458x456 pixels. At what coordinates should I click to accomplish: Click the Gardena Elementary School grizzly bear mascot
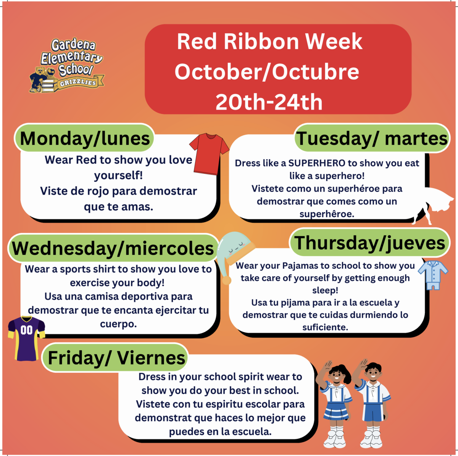point(39,80)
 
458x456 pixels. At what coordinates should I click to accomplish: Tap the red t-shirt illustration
point(209,154)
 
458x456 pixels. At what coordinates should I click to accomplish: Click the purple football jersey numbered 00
point(26,338)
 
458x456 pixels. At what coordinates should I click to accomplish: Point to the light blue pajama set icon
point(433,275)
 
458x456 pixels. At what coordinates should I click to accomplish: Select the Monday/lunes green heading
point(84,138)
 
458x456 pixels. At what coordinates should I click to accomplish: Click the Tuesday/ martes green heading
point(372,138)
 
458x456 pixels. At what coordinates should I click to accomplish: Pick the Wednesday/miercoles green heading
point(113,248)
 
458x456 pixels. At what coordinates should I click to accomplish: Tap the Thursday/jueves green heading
point(369,243)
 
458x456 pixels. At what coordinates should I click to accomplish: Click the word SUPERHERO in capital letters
point(316,163)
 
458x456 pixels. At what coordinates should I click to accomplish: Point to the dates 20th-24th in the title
point(269,102)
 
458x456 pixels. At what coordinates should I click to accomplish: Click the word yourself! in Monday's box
point(118,176)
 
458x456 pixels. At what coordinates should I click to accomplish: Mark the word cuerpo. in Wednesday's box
point(118,324)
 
